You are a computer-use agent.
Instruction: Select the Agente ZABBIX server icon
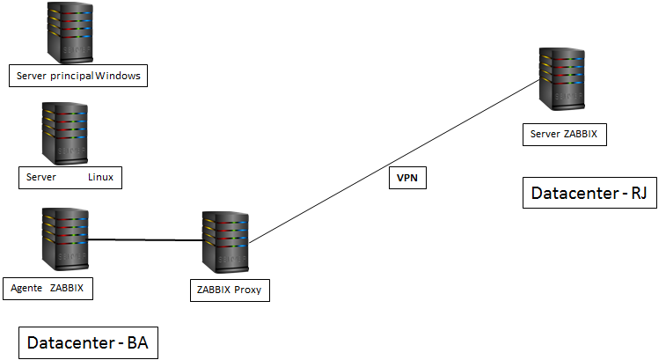(62, 239)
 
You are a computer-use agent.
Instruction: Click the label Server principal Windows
(77, 77)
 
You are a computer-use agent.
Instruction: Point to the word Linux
(100, 178)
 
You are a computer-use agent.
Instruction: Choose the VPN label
(406, 179)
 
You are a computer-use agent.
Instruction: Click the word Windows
(118, 77)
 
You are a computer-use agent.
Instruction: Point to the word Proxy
(247, 290)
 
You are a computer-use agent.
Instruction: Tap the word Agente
(26, 288)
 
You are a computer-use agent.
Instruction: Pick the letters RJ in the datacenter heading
(638, 194)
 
